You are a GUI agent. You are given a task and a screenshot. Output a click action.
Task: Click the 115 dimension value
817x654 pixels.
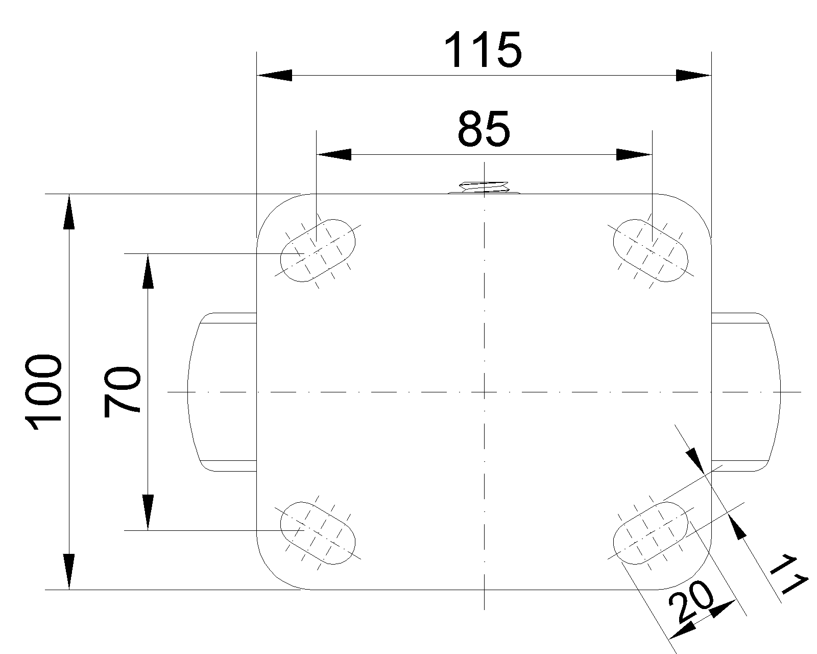pos(483,50)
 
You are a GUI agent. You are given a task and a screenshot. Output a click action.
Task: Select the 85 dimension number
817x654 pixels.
pos(484,129)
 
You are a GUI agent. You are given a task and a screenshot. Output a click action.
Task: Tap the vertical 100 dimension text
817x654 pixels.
pos(43,392)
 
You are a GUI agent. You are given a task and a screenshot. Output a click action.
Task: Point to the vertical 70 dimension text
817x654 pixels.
pos(122,392)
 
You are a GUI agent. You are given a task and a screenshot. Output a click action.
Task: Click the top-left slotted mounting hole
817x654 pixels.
pos(318,250)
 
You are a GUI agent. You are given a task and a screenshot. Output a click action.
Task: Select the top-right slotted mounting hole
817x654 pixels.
pos(651,250)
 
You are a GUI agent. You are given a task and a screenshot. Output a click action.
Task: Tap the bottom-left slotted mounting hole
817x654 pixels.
pos(318,533)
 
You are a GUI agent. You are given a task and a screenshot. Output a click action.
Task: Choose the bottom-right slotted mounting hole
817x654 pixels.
pos(651,533)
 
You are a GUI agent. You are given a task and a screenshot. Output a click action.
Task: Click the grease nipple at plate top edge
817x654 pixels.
pos(484,188)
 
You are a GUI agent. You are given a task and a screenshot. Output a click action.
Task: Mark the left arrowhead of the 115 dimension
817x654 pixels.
pos(275,75)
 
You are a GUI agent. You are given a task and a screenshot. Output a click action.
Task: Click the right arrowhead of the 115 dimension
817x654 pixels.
pos(693,75)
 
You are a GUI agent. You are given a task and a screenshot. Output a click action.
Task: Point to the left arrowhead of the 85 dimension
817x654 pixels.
pos(334,155)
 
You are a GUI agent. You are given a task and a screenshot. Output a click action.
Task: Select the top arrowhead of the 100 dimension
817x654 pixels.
pos(69,212)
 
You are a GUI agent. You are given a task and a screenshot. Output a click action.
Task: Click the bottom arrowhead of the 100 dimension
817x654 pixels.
pos(69,572)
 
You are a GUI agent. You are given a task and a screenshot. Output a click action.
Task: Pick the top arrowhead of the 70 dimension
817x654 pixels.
pos(148,271)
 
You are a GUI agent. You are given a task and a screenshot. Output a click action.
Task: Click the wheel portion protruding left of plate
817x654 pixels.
pos(222,392)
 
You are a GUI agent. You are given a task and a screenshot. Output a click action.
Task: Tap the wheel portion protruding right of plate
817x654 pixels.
pos(746,392)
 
